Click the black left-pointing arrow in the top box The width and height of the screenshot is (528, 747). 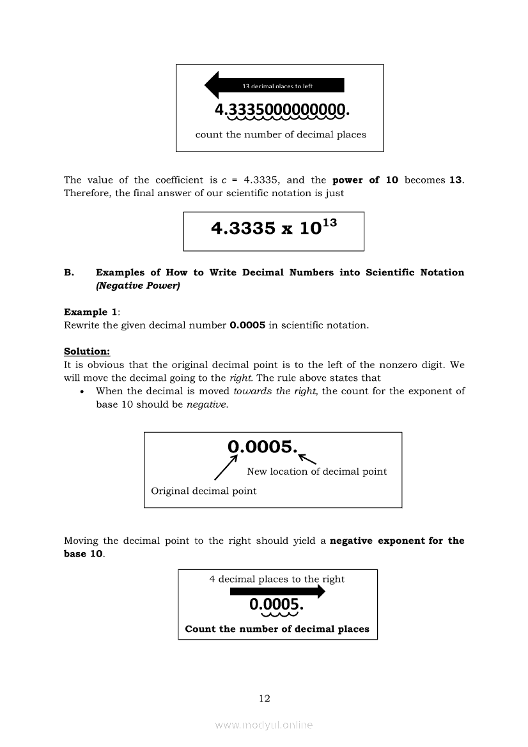274,85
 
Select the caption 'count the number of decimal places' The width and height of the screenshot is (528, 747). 281,135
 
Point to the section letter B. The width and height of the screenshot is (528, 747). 69,273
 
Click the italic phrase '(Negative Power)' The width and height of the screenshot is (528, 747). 138,286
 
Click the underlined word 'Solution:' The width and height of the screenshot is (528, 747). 87,351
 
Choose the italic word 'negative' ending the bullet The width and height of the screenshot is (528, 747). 206,405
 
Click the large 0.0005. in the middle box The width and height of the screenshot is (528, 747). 263,447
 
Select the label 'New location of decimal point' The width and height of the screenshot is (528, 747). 316,472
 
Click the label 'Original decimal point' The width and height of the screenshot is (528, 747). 203,491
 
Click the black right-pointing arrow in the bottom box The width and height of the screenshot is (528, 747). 277,592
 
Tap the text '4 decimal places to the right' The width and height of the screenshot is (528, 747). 277,580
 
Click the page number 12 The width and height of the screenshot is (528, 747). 265,698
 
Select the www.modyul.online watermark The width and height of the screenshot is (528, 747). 264,725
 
